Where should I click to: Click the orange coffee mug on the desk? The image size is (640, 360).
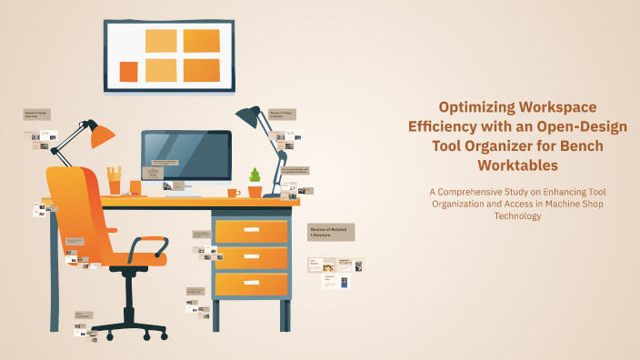[x=234, y=193]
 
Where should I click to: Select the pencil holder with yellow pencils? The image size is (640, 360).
[x=115, y=182]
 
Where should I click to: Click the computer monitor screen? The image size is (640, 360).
[x=185, y=155]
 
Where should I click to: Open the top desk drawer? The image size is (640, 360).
[x=251, y=232]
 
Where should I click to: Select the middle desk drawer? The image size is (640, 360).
[x=251, y=258]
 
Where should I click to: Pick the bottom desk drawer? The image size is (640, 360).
[x=251, y=285]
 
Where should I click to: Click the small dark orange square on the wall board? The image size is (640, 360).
[x=129, y=71]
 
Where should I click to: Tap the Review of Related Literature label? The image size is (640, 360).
[x=331, y=232]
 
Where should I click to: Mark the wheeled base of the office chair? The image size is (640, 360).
[x=129, y=325]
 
